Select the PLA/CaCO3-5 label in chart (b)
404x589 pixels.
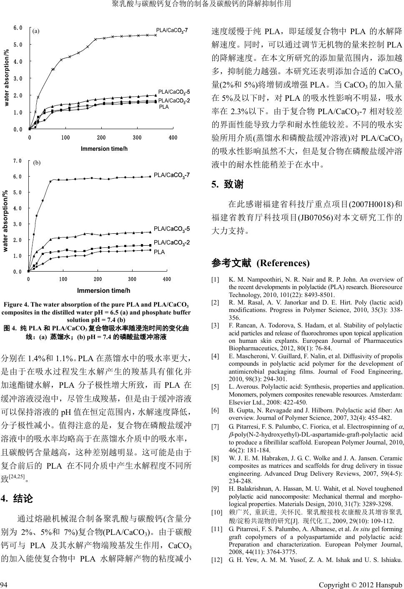[172, 229]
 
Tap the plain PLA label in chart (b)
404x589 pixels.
[159, 252]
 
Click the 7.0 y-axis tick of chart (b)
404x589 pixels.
[18, 161]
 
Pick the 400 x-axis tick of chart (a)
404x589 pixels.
[173, 138]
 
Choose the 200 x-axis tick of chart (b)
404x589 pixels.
[98, 279]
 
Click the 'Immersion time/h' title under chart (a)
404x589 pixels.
[104, 149]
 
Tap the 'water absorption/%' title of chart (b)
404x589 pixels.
[6, 221]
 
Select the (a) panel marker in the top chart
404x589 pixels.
[36, 31]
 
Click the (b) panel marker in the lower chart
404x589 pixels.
[37, 163]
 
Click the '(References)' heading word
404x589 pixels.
[283, 263]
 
